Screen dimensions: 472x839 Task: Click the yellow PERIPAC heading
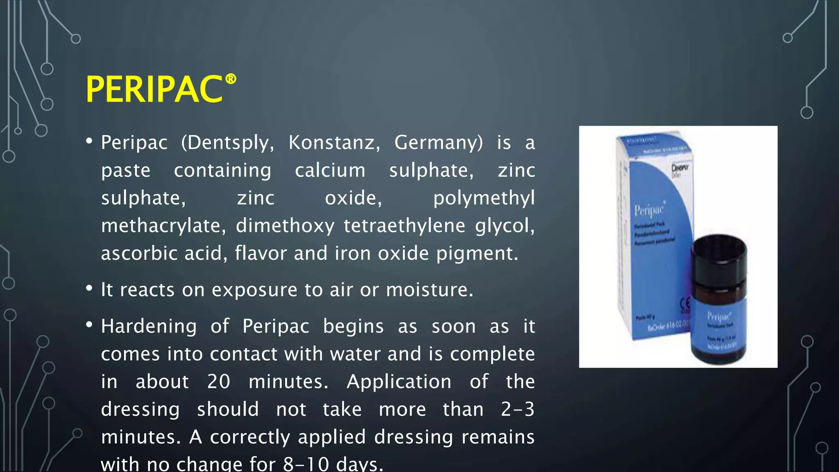point(154,90)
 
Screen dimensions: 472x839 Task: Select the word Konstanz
point(334,143)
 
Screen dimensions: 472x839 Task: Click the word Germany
point(438,143)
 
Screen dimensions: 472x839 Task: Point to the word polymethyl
point(484,198)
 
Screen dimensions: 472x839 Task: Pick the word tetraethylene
point(404,226)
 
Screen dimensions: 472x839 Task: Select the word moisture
point(429,290)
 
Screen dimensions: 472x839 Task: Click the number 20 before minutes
point(218,381)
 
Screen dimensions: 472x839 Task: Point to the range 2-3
point(517,409)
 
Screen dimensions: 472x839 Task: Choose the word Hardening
point(149,327)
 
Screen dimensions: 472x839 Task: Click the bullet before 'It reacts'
point(89,288)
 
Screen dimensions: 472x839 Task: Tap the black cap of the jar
point(719,254)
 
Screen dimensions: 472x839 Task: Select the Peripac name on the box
point(649,210)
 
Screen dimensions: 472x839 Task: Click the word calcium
point(330,170)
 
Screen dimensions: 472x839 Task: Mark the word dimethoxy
point(285,226)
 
